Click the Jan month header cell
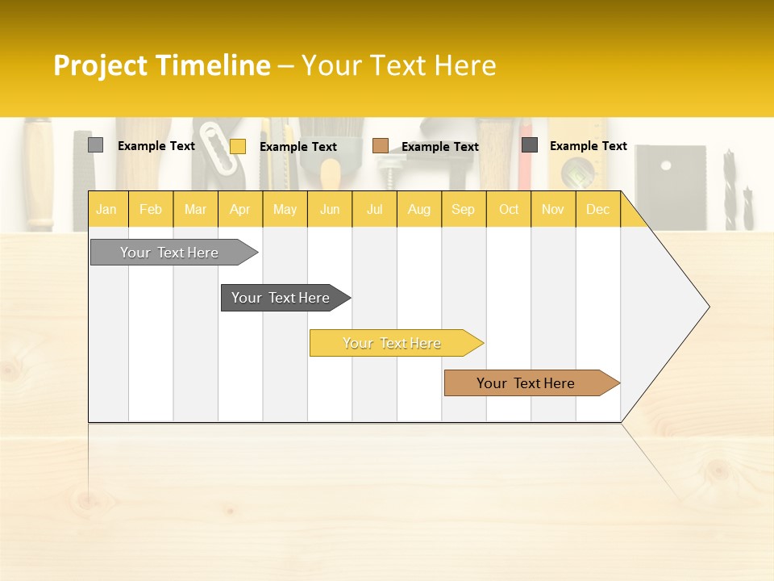tap(107, 209)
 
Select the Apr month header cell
tap(240, 209)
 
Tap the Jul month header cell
tap(375, 209)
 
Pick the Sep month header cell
tap(464, 209)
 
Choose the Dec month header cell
tap(598, 209)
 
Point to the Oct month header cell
tap(509, 209)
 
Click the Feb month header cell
tap(151, 209)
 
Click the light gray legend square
tap(95, 145)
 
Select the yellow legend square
tap(237, 146)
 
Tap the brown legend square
tap(380, 146)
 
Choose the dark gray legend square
tap(529, 145)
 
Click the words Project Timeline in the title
tap(161, 65)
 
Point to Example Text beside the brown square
tap(440, 147)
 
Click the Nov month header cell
tap(553, 209)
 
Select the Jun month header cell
tap(330, 209)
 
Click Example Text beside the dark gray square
tap(589, 146)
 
